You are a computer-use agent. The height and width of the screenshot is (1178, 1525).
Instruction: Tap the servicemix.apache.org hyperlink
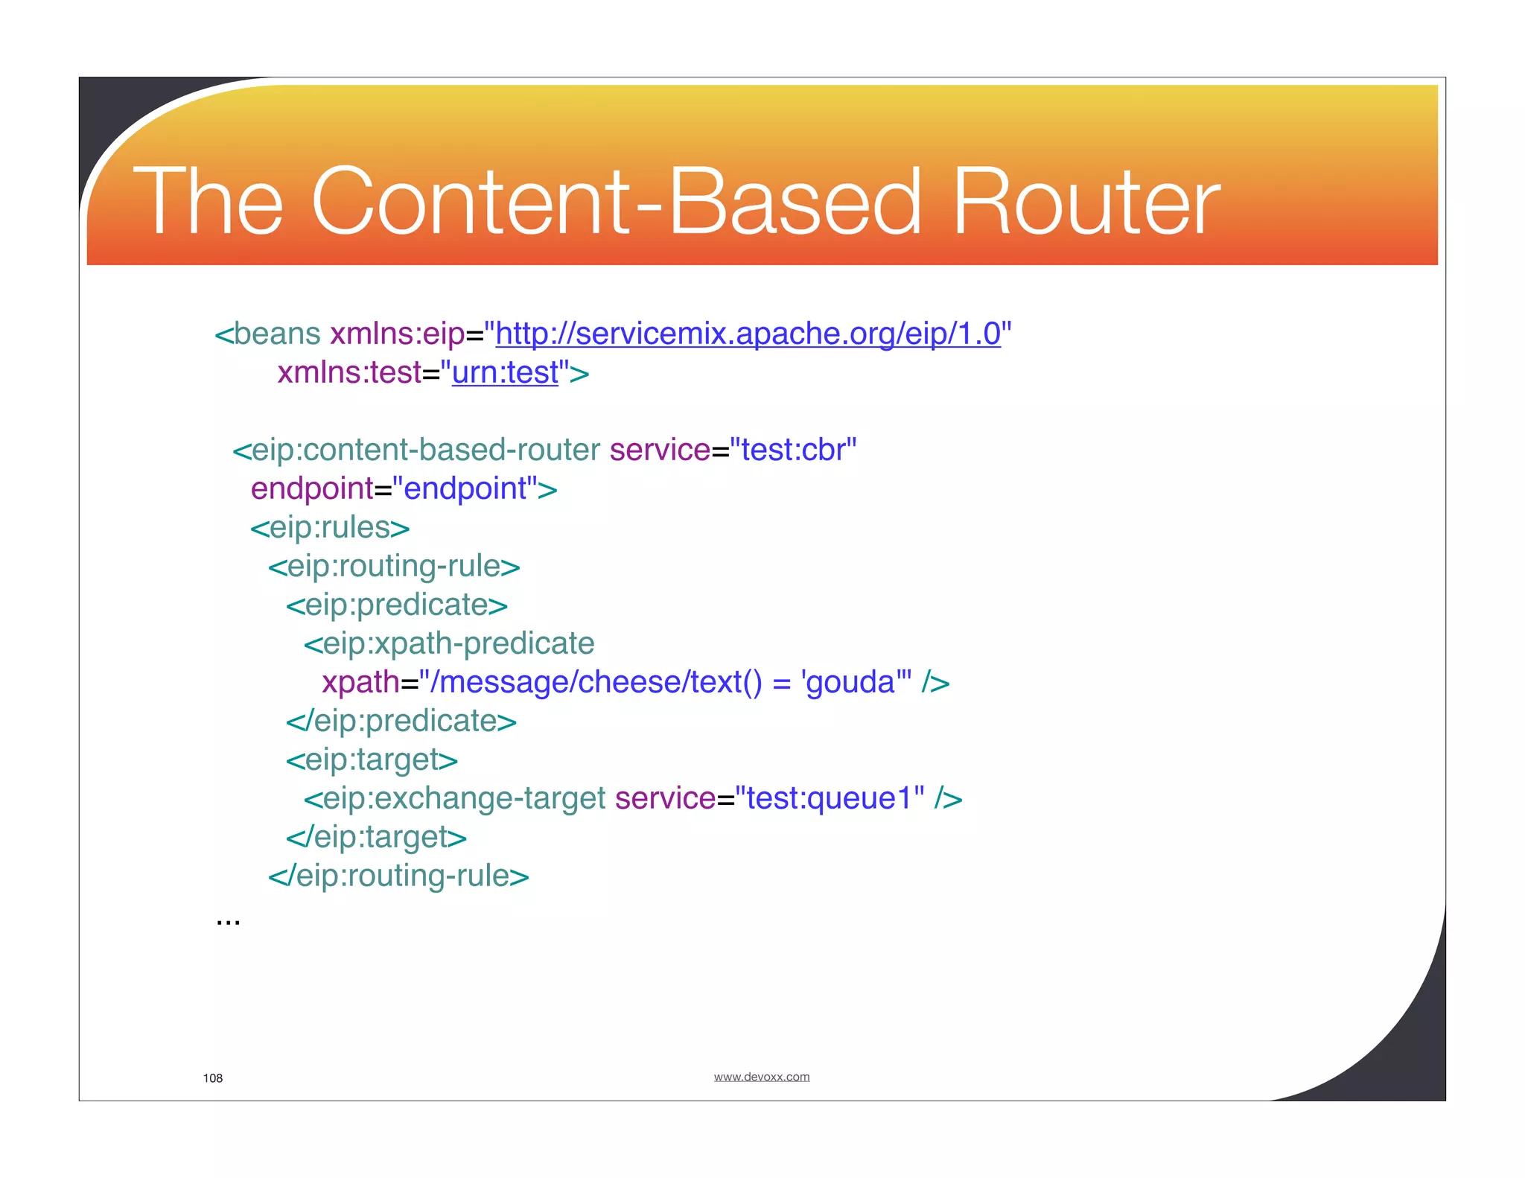[748, 334]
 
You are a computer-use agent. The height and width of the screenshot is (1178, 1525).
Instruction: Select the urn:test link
[505, 372]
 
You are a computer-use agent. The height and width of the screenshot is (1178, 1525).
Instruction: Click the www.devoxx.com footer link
[761, 1077]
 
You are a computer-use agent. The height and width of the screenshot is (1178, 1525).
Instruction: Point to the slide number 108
[212, 1078]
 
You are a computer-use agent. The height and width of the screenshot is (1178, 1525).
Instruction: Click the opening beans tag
[268, 334]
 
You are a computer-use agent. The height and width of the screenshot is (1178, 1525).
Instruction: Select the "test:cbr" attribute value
[793, 450]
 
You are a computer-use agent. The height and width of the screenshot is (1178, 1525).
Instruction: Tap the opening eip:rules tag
[330, 527]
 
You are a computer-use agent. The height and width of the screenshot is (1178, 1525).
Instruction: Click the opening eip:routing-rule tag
[394, 566]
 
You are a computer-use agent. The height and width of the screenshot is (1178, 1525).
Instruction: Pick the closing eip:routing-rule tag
[398, 876]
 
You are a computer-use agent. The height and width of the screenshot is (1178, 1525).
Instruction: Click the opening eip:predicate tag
[397, 605]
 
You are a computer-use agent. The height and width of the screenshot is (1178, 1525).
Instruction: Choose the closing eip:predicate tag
[401, 721]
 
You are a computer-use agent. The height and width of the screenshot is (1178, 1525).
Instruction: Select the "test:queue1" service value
[830, 798]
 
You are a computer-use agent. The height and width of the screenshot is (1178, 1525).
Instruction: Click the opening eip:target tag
[372, 760]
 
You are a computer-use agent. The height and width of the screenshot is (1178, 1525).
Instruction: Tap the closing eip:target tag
[376, 837]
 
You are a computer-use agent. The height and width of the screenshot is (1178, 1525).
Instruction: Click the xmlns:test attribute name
[349, 372]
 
